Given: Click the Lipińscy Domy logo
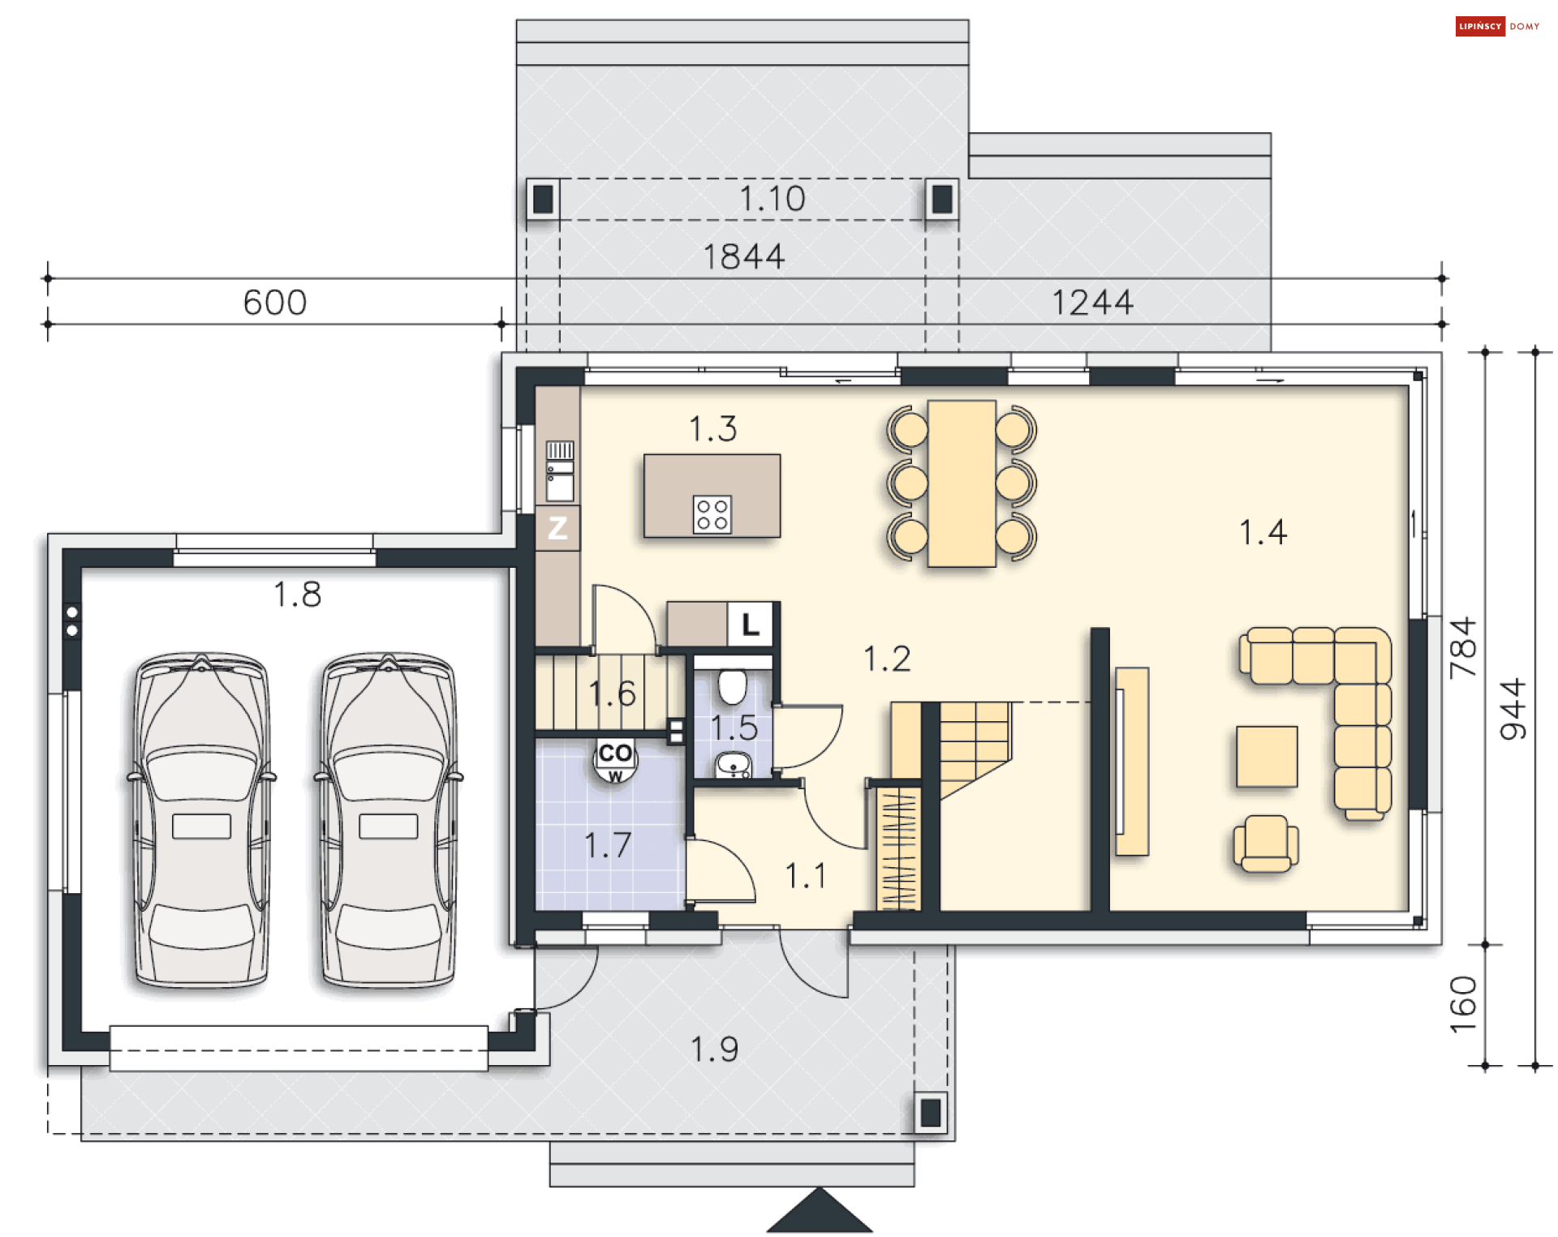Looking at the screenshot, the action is pyautogui.click(x=1497, y=26).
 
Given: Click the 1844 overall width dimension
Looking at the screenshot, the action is pyautogui.click(x=744, y=257).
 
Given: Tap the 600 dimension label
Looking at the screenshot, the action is pyautogui.click(x=275, y=303).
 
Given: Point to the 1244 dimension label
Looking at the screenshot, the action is pyautogui.click(x=1092, y=303).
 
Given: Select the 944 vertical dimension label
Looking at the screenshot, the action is pyautogui.click(x=1513, y=709).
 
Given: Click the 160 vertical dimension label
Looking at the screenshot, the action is pyautogui.click(x=1463, y=1004).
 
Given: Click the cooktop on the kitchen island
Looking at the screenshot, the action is pyautogui.click(x=712, y=514).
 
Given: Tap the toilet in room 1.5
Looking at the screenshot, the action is pyautogui.click(x=733, y=686).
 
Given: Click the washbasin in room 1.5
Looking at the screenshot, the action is pyautogui.click(x=734, y=765).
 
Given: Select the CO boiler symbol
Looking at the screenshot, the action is pyautogui.click(x=615, y=760).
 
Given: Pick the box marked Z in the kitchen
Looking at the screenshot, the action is pyautogui.click(x=557, y=528).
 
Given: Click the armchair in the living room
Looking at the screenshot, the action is pyautogui.click(x=1265, y=844).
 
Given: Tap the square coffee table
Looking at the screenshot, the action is pyautogui.click(x=1267, y=757).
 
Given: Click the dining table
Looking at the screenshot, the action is pyautogui.click(x=962, y=483).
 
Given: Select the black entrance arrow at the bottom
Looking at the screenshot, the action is pyautogui.click(x=820, y=1210).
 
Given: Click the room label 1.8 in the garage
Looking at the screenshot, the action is pyautogui.click(x=297, y=595).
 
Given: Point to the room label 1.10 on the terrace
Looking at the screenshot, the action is pyautogui.click(x=772, y=199).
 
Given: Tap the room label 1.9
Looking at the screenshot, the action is pyautogui.click(x=714, y=1050).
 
